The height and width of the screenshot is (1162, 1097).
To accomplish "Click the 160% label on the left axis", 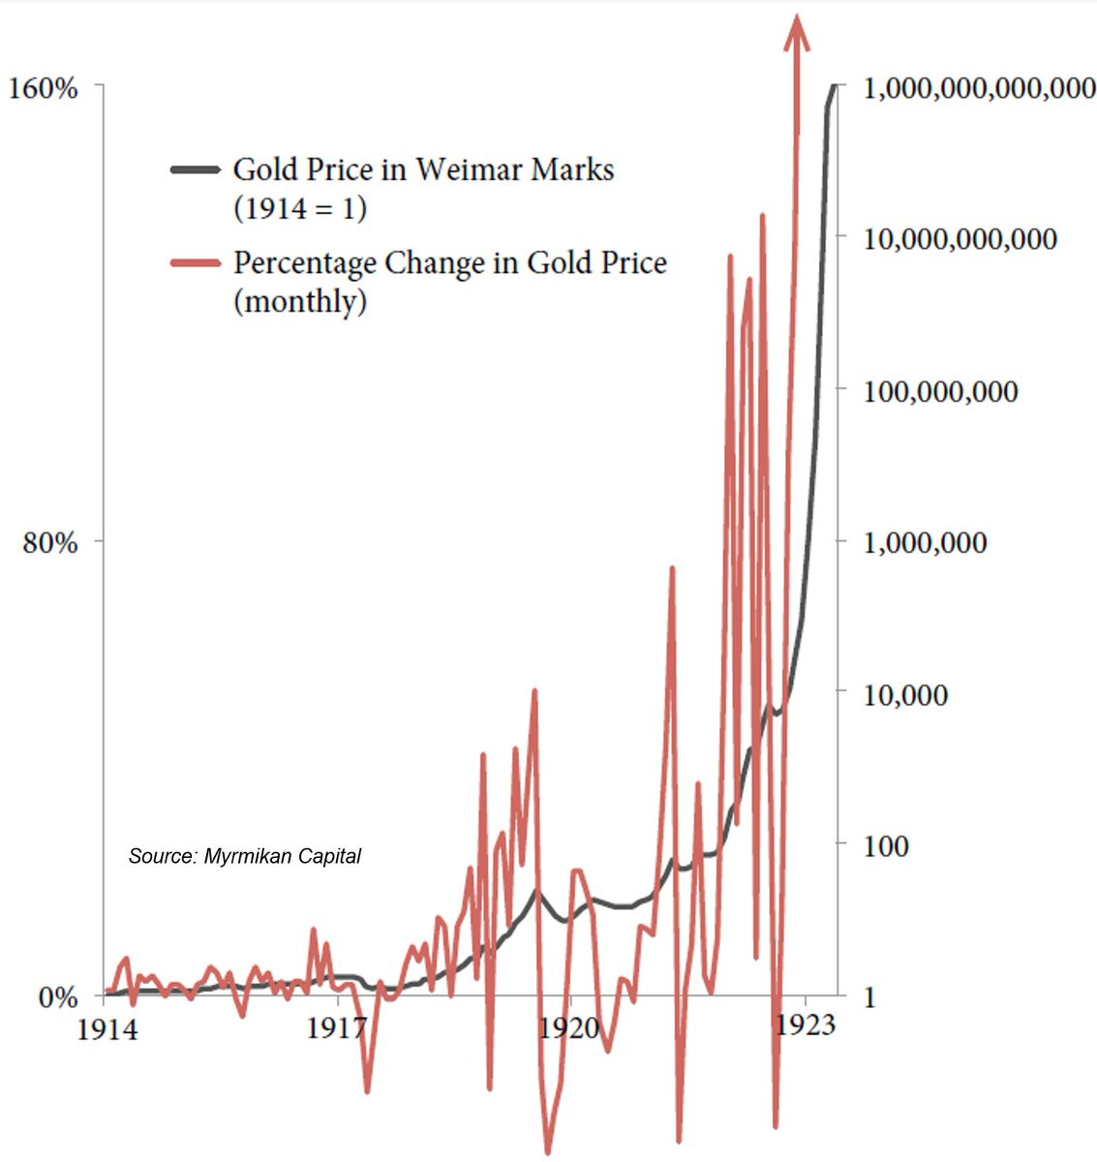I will [x=43, y=88].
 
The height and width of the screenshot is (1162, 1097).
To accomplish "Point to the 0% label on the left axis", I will [x=58, y=997].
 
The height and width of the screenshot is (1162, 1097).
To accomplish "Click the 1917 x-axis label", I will [x=337, y=1027].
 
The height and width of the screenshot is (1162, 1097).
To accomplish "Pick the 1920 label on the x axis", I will [x=569, y=1027].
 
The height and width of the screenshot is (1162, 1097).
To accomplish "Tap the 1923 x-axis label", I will [x=806, y=1025].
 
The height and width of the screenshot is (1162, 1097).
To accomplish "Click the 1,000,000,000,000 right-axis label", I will [x=979, y=89].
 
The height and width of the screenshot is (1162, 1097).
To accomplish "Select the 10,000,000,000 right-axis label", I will [x=960, y=239].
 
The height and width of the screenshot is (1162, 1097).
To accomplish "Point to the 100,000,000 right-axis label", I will [x=940, y=392].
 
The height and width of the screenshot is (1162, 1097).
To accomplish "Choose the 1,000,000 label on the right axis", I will [x=925, y=542].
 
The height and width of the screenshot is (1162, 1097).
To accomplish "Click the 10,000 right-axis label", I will [x=905, y=694].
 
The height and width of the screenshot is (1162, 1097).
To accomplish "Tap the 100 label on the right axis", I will [x=886, y=845].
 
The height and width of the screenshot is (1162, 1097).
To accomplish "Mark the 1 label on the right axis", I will [x=869, y=997].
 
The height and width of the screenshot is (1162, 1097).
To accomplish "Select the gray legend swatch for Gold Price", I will [x=196, y=169].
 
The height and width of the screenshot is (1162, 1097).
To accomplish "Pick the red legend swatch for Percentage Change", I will [x=196, y=262].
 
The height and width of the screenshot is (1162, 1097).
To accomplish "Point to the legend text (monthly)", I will [x=300, y=301].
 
